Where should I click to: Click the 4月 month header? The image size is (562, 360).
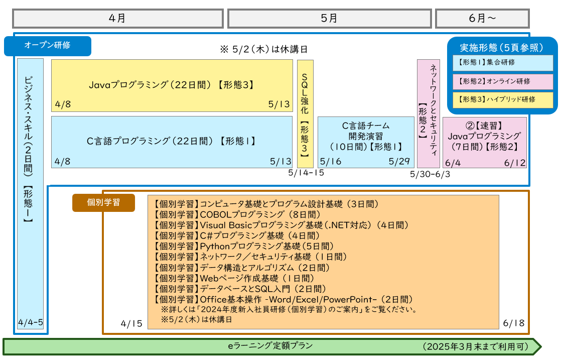tap(117, 19)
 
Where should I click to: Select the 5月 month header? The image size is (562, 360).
tap(329, 19)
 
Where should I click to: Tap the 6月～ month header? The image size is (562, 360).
tap(482, 19)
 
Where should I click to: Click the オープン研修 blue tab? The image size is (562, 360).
tap(48, 46)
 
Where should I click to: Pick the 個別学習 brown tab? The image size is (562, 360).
tap(103, 202)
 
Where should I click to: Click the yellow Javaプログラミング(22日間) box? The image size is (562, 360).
tap(172, 85)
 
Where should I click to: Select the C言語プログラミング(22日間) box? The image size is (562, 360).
tap(172, 142)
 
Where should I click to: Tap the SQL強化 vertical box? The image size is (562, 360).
tap(305, 114)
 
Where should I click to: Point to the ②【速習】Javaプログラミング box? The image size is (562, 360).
tap(484, 136)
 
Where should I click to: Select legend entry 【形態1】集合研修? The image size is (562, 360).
tap(503, 63)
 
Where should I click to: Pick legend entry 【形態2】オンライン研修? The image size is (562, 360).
tap(503, 81)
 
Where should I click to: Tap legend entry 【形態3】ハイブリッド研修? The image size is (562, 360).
tap(503, 99)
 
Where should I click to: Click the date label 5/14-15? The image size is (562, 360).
tap(306, 173)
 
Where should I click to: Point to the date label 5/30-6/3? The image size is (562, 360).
tap(430, 174)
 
